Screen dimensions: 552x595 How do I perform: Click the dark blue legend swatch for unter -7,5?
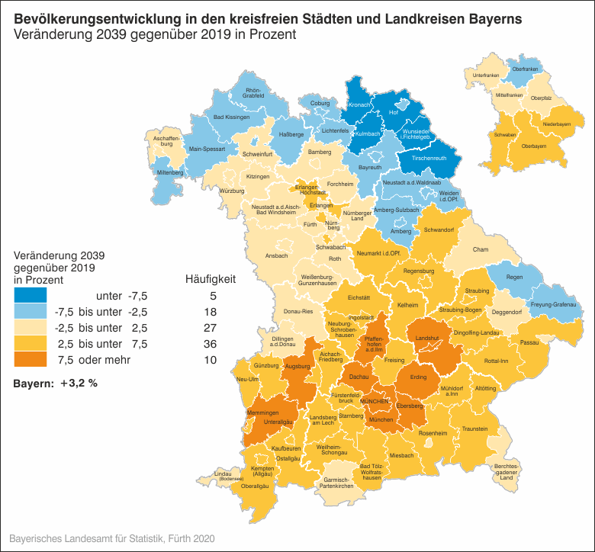pyautogui.click(x=30, y=296)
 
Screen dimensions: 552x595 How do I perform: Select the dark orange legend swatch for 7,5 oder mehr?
pyautogui.click(x=30, y=360)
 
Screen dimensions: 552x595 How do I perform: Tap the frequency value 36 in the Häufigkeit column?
pyautogui.click(x=211, y=344)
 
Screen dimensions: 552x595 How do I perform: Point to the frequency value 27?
pyautogui.click(x=211, y=328)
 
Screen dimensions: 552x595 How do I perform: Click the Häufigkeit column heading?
pyautogui.click(x=211, y=279)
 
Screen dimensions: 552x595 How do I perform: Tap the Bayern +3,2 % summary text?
pyautogui.click(x=55, y=383)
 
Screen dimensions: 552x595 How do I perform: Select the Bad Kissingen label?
pyautogui.click(x=231, y=117)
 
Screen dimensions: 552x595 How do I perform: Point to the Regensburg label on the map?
pyautogui.click(x=418, y=271)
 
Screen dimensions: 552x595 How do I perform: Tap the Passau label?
pyautogui.click(x=529, y=343)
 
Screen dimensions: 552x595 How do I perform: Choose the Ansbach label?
pyautogui.click(x=276, y=255)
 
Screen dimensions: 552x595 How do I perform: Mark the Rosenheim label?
pyautogui.click(x=433, y=432)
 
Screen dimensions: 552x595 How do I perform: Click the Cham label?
pyautogui.click(x=480, y=249)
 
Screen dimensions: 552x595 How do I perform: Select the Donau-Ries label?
pyautogui.click(x=297, y=312)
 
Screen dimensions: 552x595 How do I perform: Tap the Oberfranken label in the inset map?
pyautogui.click(x=525, y=69)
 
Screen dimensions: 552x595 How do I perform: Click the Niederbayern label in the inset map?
pyautogui.click(x=557, y=124)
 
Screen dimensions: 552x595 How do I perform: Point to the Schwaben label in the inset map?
pyautogui.click(x=505, y=134)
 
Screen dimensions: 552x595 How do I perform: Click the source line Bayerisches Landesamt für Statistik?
pyautogui.click(x=112, y=538)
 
